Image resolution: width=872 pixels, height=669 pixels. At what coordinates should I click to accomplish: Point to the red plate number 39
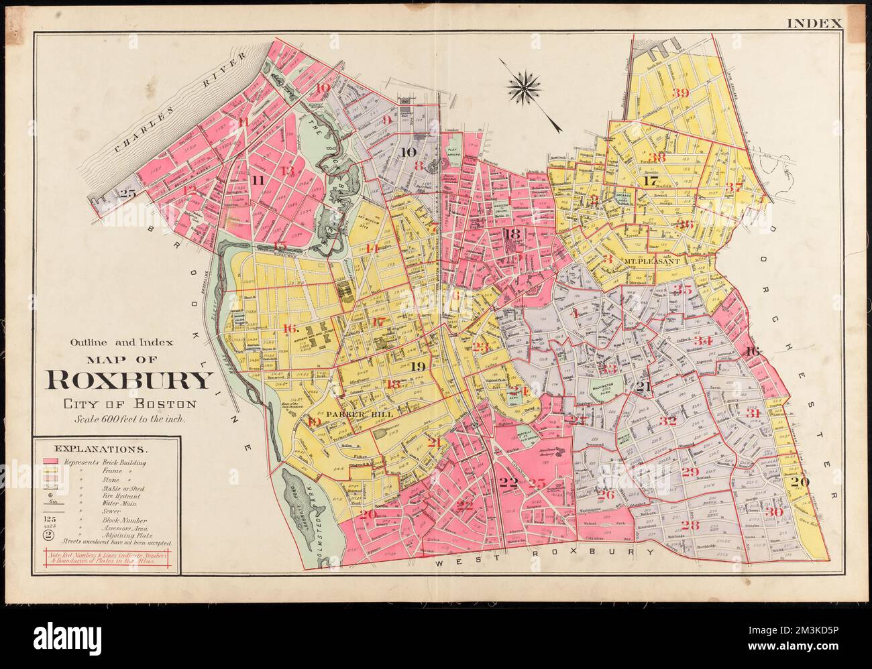pyautogui.click(x=680, y=93)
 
